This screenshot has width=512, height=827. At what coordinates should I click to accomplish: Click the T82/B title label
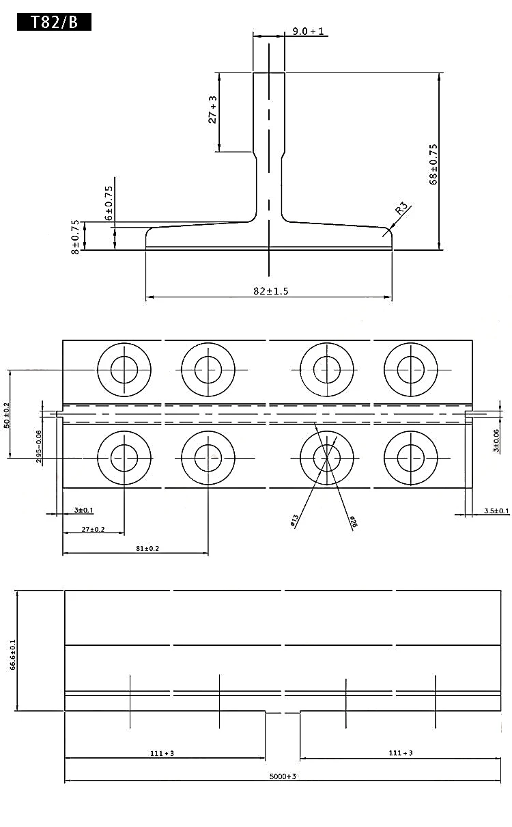click(54, 22)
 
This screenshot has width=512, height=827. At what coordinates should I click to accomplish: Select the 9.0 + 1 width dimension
click(309, 31)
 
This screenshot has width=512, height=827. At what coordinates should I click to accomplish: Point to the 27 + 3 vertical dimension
click(212, 109)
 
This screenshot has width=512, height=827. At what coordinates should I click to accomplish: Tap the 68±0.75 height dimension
click(433, 164)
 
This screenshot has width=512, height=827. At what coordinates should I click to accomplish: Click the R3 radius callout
click(401, 208)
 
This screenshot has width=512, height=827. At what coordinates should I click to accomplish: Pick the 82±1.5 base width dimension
click(270, 291)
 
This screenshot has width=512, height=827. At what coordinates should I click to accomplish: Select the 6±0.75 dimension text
click(109, 202)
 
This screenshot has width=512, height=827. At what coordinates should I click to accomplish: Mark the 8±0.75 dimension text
click(74, 236)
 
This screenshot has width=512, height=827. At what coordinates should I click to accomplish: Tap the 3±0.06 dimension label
click(496, 441)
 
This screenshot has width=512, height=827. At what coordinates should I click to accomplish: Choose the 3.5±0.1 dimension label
click(496, 511)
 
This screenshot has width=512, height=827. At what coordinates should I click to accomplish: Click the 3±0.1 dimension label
click(83, 511)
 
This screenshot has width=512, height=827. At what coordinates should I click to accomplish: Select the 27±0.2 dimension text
click(93, 529)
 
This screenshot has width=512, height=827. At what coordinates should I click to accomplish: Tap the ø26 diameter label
click(353, 523)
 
